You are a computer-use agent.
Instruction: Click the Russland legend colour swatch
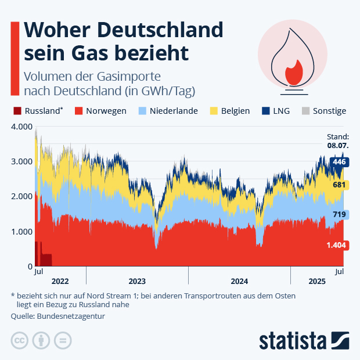click(x=17, y=111)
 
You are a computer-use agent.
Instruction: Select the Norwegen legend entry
click(x=106, y=111)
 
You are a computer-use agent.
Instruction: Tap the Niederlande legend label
click(x=174, y=111)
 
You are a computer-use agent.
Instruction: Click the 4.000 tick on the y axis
click(x=21, y=127)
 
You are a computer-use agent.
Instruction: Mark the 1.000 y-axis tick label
click(x=21, y=232)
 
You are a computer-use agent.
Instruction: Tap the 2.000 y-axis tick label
click(x=21, y=196)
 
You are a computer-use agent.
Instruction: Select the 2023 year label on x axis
click(x=137, y=281)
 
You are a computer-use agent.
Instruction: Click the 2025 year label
click(x=316, y=281)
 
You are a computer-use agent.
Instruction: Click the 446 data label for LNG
click(x=339, y=162)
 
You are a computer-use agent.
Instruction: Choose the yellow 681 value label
click(x=339, y=185)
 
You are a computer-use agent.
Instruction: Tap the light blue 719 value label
click(x=339, y=215)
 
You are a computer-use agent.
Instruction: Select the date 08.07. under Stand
click(x=338, y=146)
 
